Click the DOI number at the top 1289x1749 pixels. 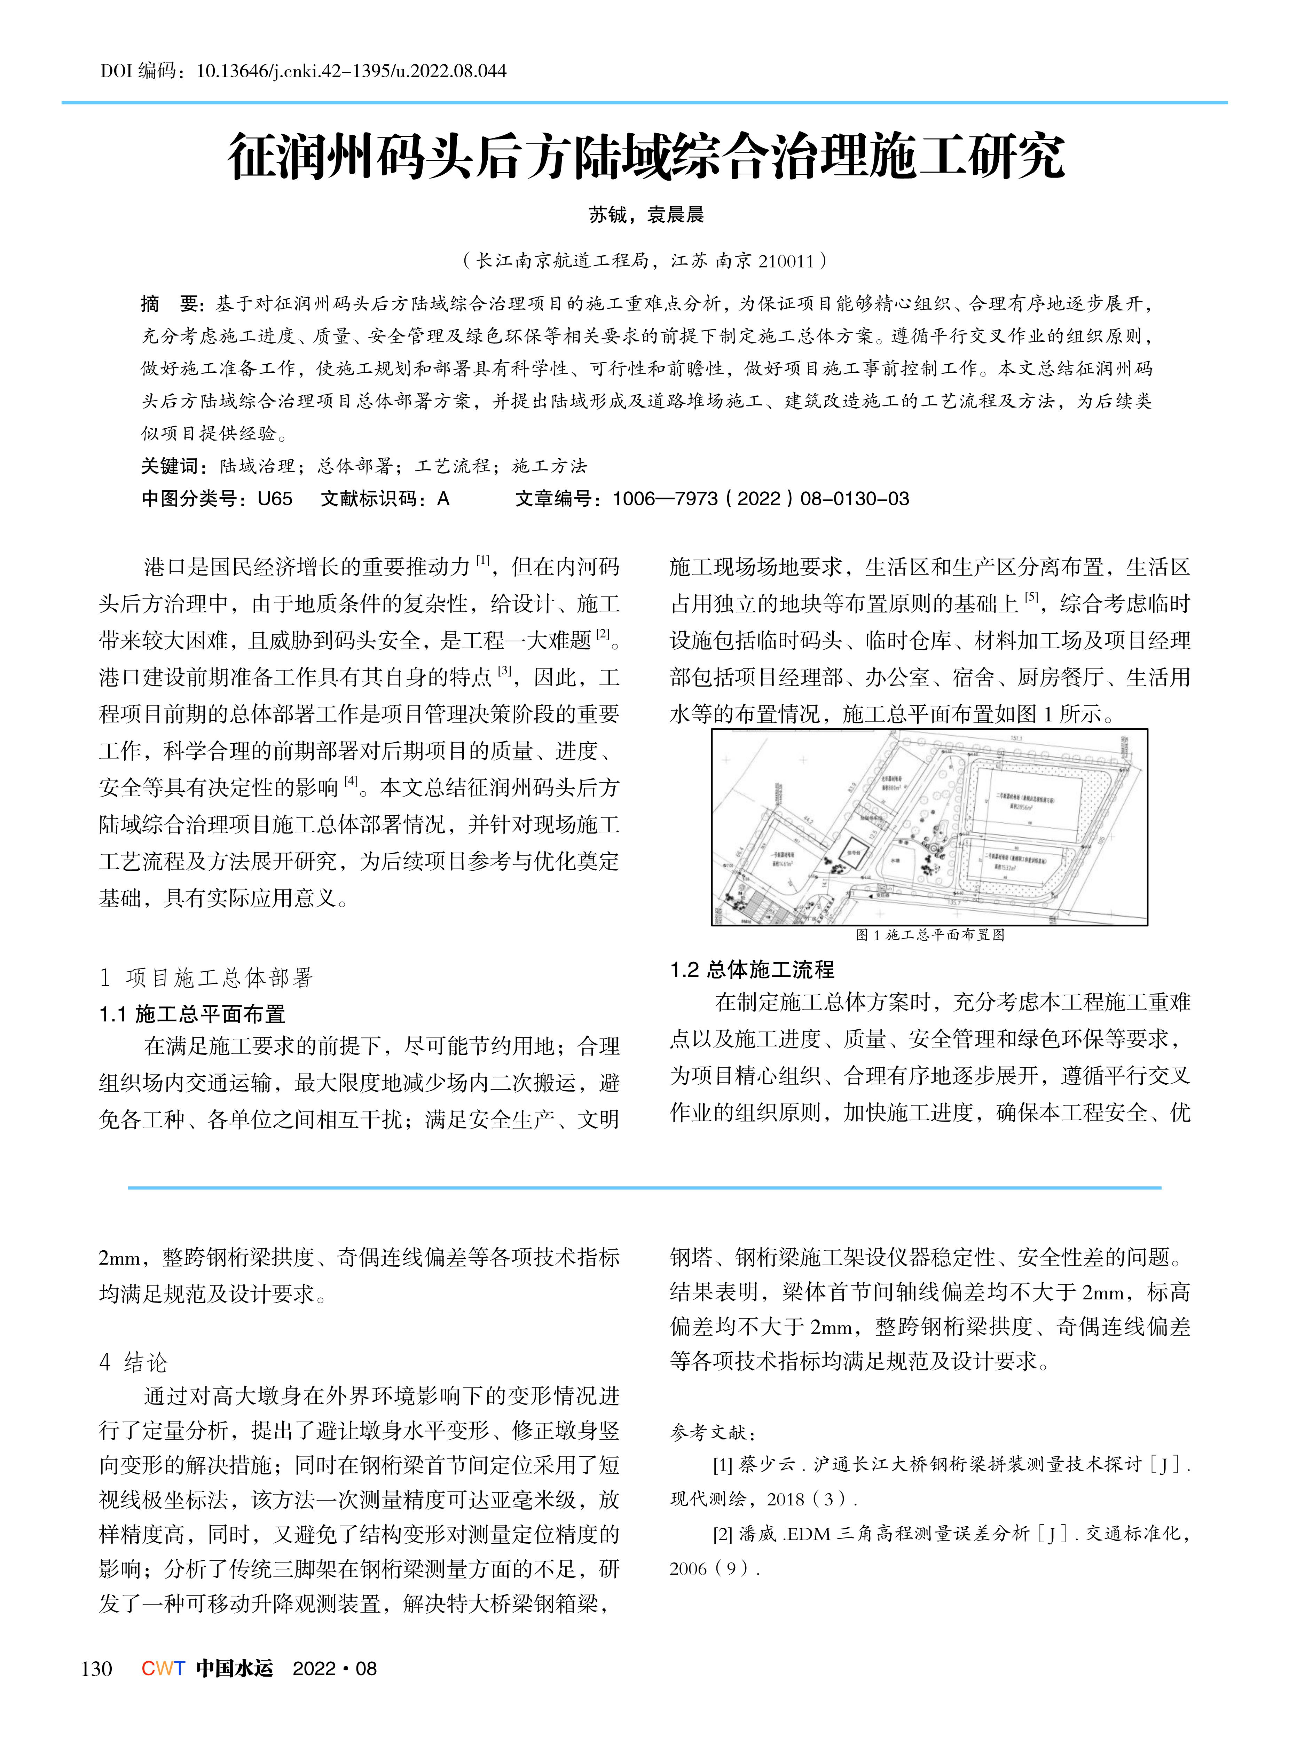coord(351,71)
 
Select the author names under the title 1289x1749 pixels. coord(646,214)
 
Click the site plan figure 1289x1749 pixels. coord(929,827)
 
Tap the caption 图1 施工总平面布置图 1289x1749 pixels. coord(929,935)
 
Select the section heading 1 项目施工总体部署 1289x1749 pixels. coord(207,978)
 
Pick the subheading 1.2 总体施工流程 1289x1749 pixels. coord(752,970)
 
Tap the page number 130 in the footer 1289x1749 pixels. coord(97,1669)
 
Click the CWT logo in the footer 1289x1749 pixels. coord(163,1669)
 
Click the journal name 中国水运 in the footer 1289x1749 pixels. coord(234,1669)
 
